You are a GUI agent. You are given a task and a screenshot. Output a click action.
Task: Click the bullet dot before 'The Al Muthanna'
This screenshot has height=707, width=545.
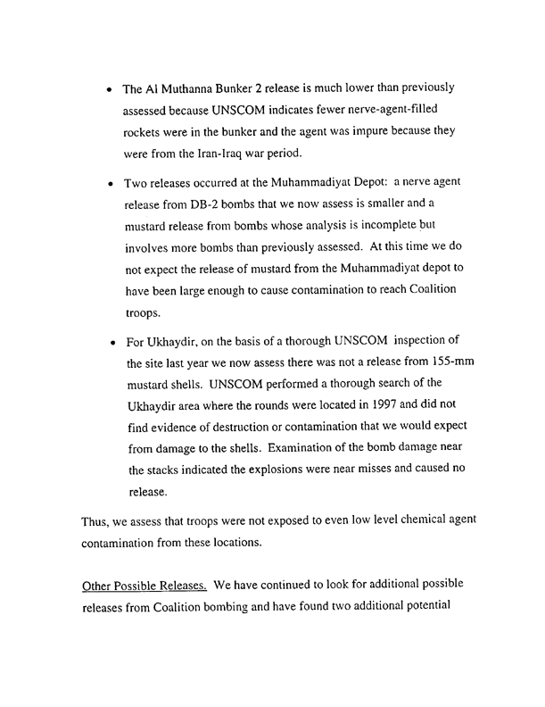coord(109,91)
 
